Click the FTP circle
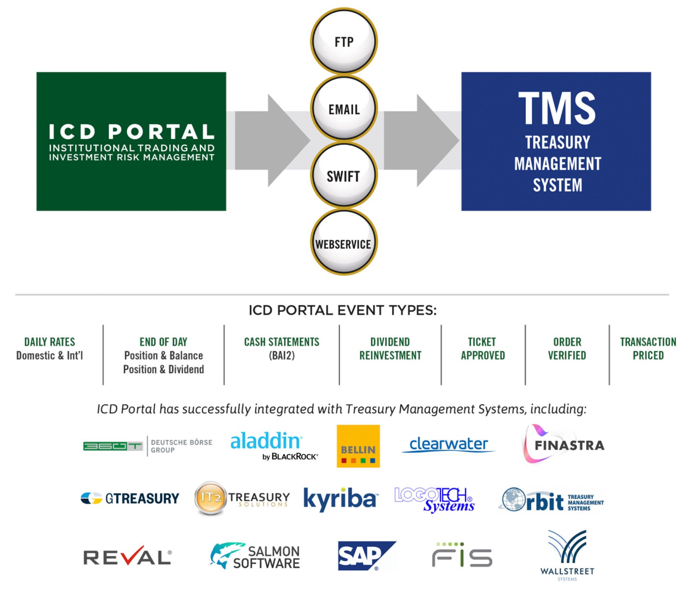[x=344, y=42]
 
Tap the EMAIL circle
[x=344, y=109]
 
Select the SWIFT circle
[x=344, y=176]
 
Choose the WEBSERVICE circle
[x=344, y=244]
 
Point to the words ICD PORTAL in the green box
[x=131, y=131]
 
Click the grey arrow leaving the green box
[x=271, y=140]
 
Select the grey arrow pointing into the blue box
[x=420, y=140]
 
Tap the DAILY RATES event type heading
[x=49, y=341]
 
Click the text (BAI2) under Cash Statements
[x=281, y=356]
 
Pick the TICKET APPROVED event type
[x=482, y=348]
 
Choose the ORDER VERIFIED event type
[x=567, y=348]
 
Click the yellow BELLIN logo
[x=358, y=446]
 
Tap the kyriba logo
[x=340, y=499]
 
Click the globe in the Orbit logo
[x=514, y=500]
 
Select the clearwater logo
[x=449, y=444]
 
